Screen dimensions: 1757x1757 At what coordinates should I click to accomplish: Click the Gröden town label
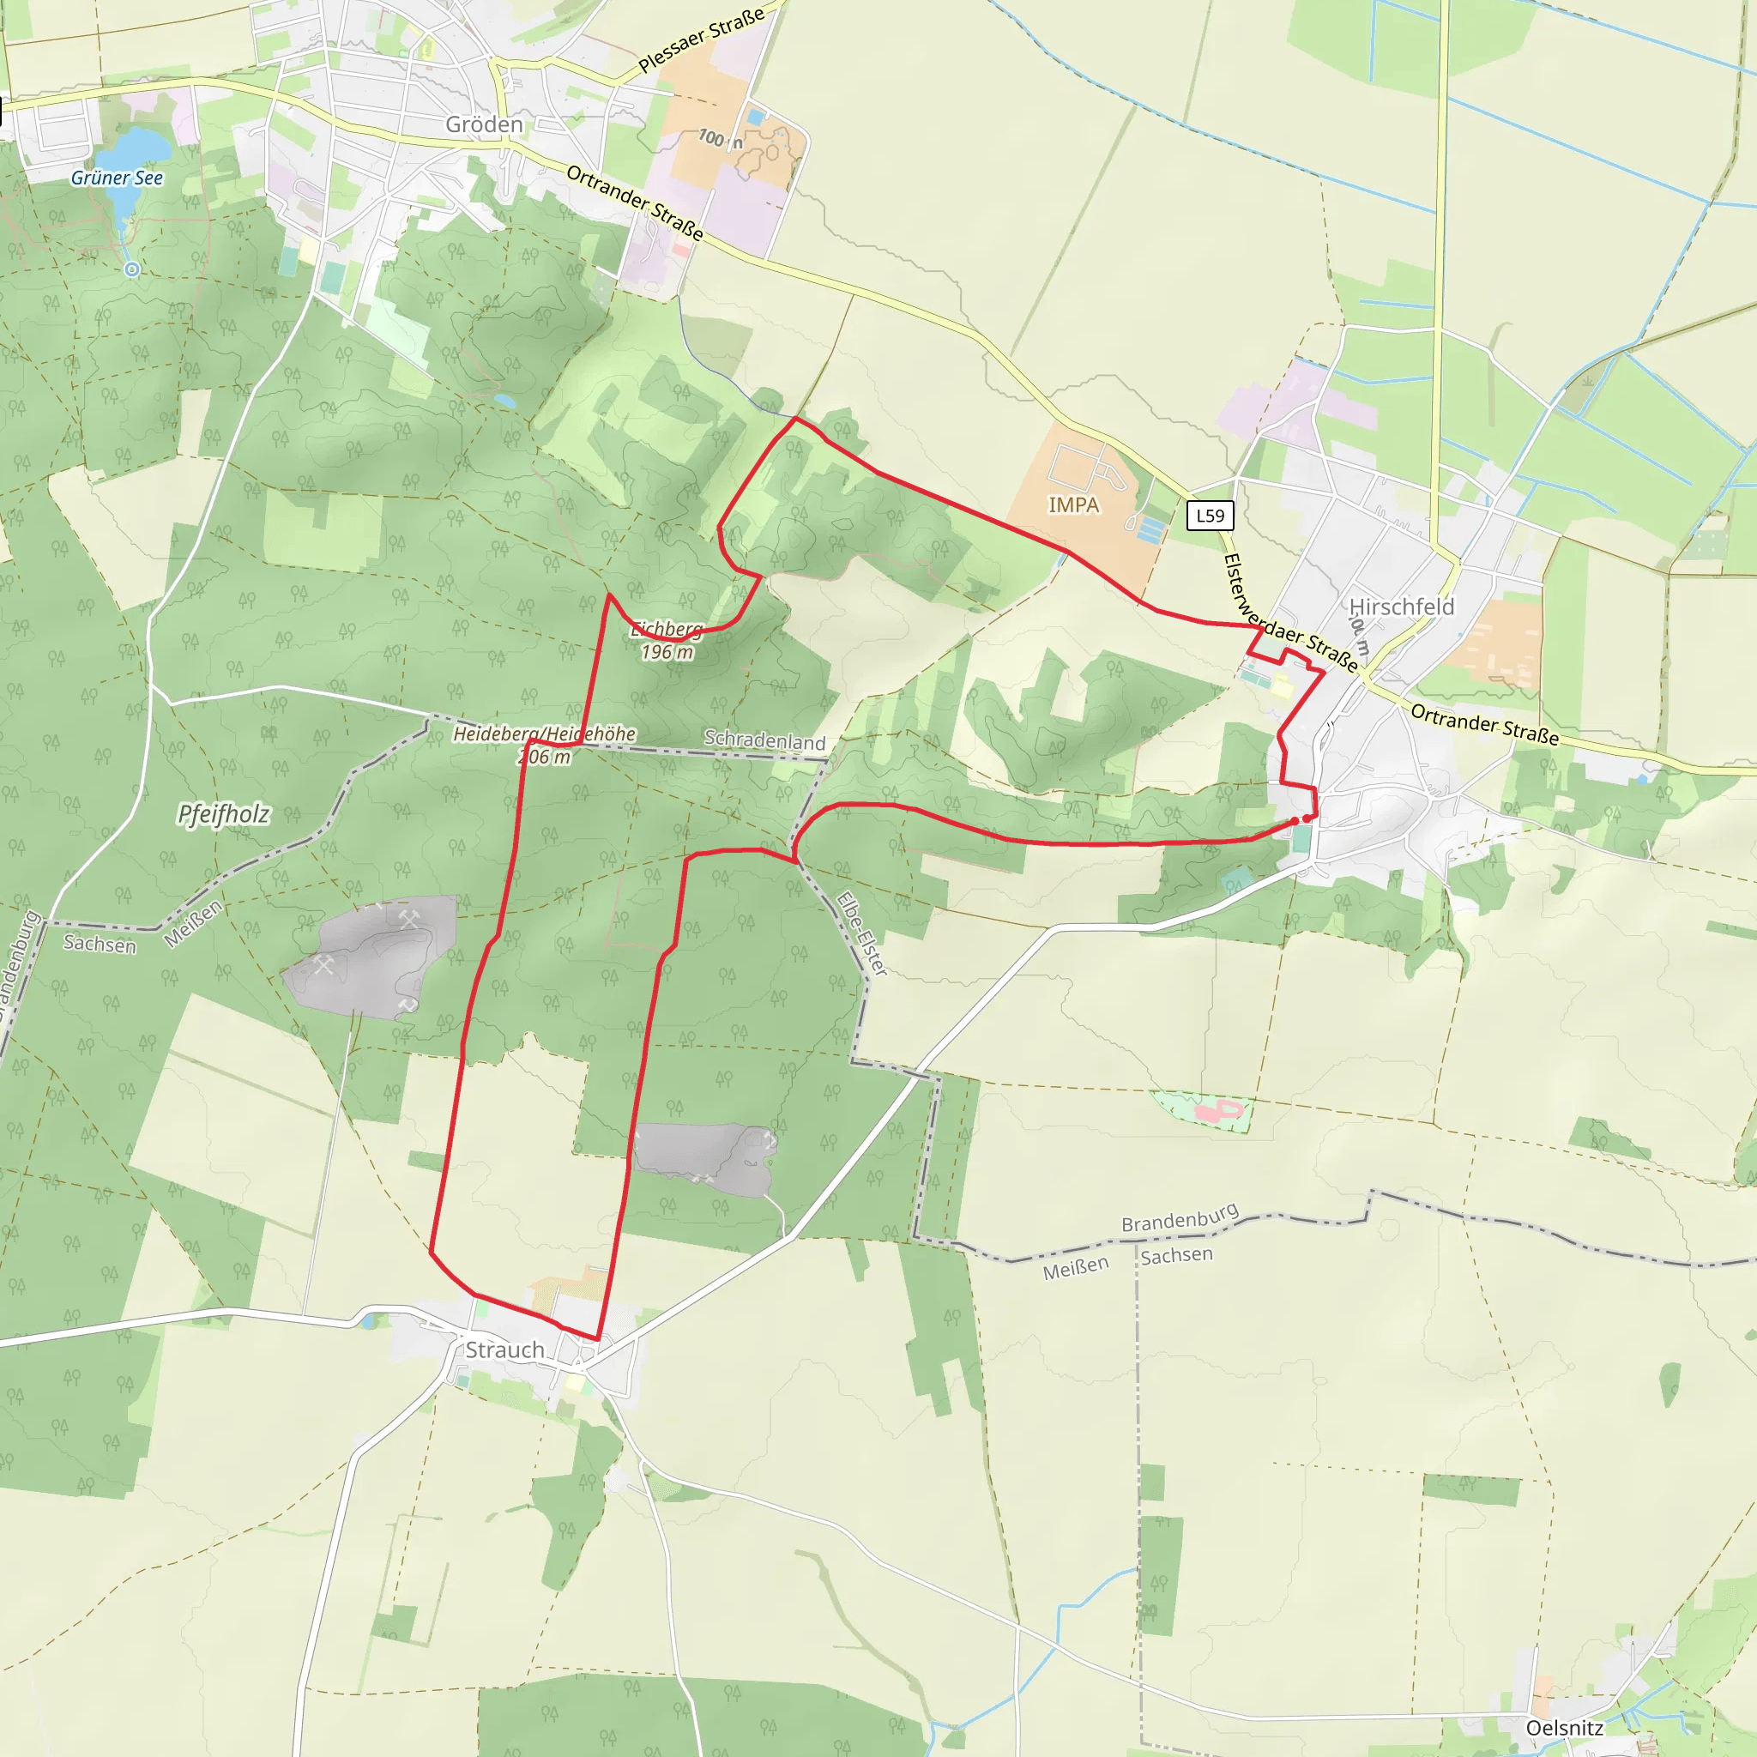(484, 124)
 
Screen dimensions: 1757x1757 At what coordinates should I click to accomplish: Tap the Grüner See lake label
(117, 178)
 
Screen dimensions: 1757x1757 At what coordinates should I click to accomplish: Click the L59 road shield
(1210, 516)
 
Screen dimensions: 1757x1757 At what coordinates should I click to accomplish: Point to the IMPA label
(1073, 504)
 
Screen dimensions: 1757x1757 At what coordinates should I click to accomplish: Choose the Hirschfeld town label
(1402, 607)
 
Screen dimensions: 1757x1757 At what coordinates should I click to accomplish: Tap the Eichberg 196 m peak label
(667, 640)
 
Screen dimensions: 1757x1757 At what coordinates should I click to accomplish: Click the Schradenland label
(764, 740)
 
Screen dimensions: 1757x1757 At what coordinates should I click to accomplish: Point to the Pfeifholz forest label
(223, 814)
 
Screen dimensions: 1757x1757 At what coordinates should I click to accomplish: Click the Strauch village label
(504, 1349)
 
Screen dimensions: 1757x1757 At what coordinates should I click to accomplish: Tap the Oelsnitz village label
(1564, 1728)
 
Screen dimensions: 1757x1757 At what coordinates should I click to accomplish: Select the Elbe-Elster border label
(861, 934)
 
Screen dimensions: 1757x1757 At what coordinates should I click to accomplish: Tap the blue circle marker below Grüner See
(132, 269)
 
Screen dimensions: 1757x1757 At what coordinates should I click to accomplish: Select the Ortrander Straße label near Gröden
(635, 202)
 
